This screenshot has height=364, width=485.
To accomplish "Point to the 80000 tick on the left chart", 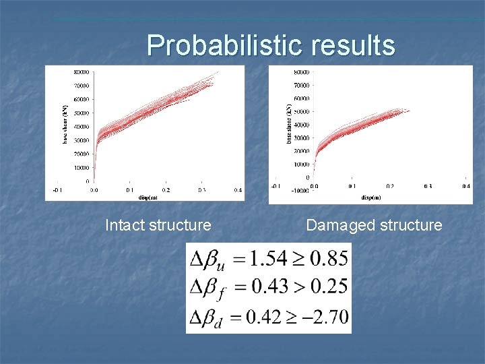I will (83, 72).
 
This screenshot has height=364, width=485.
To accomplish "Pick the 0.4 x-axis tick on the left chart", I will (237, 191).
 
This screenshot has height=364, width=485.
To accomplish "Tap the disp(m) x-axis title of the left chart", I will (149, 198).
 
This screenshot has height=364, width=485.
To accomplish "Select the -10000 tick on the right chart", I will (300, 191).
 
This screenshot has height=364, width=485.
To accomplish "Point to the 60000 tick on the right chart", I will (302, 98).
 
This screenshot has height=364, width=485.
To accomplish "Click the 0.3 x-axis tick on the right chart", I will (428, 185).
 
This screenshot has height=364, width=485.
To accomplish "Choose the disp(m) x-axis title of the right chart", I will (370, 198).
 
